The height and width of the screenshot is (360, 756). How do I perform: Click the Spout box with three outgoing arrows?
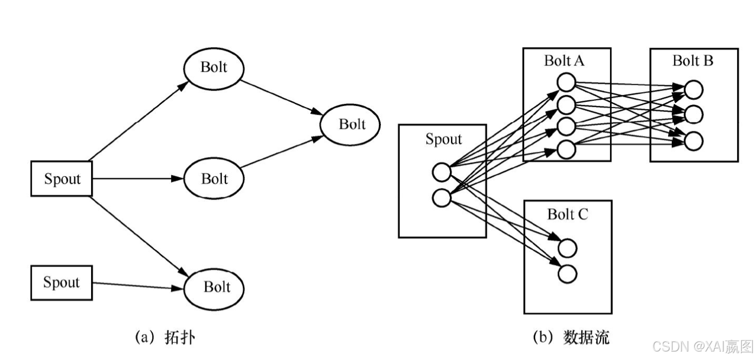62,179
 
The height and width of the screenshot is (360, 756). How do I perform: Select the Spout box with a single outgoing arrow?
62,283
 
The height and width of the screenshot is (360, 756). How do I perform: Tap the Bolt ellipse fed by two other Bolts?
351,124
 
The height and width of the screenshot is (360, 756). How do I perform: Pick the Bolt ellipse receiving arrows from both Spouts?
214,287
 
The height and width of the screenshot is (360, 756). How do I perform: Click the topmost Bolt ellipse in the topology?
214,67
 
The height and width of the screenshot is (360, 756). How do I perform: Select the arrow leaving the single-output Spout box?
138,286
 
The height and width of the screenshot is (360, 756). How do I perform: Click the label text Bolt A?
564,61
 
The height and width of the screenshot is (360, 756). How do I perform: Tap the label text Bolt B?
692,61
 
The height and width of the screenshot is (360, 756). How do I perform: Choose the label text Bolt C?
567,214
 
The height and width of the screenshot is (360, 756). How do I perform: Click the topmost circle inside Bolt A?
566,82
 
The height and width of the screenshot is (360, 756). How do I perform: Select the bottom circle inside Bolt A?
566,149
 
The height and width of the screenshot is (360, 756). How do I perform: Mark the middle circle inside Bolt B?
694,114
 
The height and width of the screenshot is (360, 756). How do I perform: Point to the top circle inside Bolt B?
694,90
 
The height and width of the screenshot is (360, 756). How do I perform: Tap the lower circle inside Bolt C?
567,274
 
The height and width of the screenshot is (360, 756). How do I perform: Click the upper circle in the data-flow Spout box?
441,172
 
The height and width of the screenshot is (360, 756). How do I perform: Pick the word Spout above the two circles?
443,139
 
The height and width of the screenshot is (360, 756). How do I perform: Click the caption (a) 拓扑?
165,337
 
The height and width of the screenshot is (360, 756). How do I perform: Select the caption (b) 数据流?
571,337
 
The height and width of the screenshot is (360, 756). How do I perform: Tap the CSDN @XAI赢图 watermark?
703,347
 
